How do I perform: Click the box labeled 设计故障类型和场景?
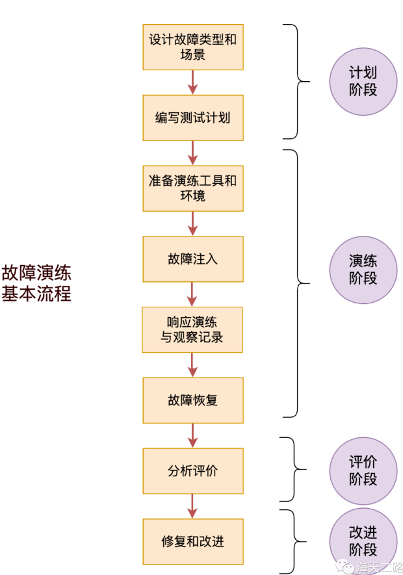pos(192,47)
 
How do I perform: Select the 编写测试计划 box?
pos(192,118)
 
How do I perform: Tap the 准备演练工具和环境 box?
pos(192,188)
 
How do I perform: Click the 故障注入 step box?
pos(192,259)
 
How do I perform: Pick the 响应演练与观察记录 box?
pos(192,329)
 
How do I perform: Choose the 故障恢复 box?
pos(192,400)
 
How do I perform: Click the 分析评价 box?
pos(192,470)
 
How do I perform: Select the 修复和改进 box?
pos(192,541)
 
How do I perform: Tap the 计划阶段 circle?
pos(363,81)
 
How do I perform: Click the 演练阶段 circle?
pos(363,270)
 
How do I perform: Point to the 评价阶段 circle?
pos(363,470)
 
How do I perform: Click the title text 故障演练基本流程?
pos(36,283)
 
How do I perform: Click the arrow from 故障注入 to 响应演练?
pos(192,294)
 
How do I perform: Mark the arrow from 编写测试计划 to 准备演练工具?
pos(192,153)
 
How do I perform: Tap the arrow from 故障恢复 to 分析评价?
pos(192,435)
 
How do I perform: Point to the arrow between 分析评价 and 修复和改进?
pos(192,505)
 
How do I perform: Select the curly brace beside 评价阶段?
pos(295,469)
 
